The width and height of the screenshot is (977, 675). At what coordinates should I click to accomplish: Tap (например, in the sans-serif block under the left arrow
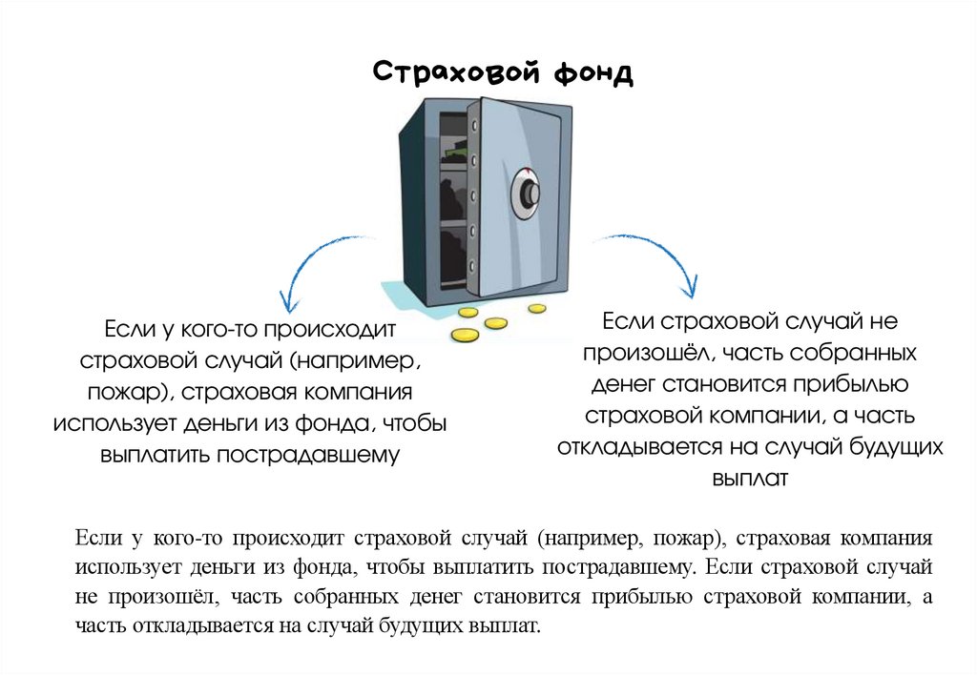pos(356,361)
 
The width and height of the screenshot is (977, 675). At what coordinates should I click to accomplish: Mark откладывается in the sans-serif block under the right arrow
pos(645,446)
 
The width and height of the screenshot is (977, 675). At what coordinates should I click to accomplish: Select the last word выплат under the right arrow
pos(749,478)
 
